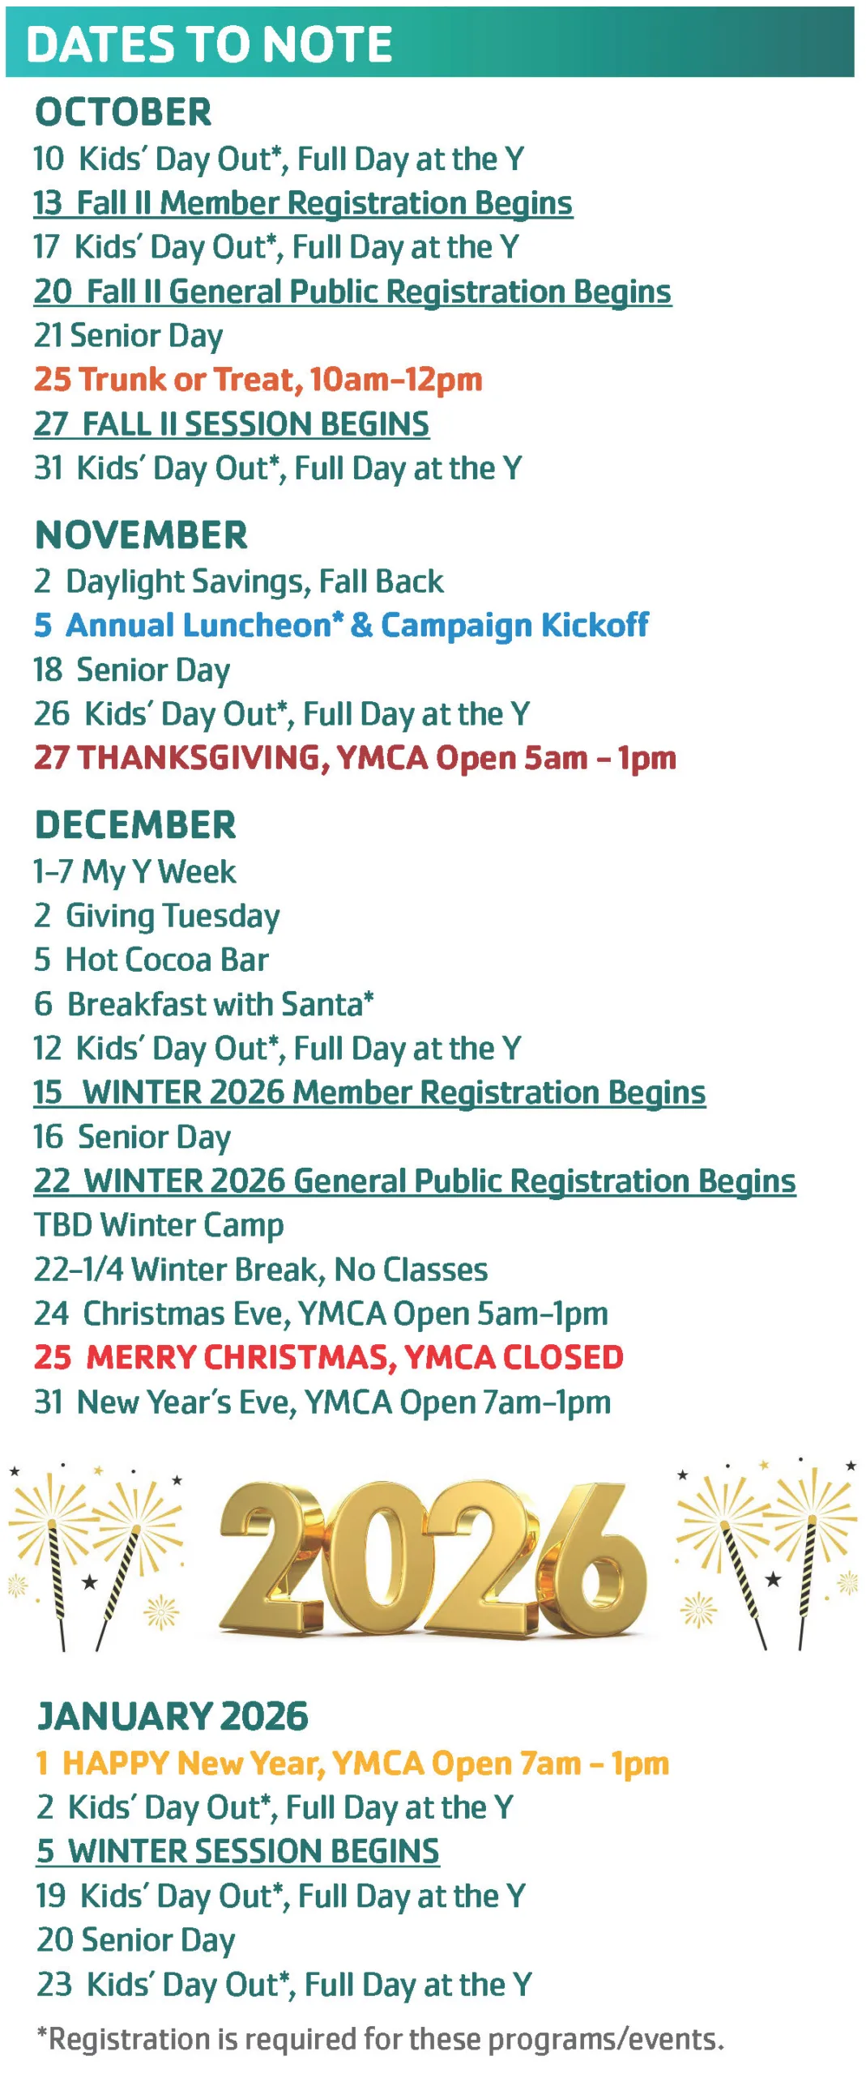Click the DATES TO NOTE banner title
(x=209, y=44)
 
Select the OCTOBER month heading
(x=123, y=112)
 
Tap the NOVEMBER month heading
(x=141, y=535)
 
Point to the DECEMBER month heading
(x=135, y=825)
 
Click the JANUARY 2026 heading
(x=173, y=1716)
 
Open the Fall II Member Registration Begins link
(x=303, y=203)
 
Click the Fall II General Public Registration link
(x=352, y=292)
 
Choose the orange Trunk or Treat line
(x=258, y=380)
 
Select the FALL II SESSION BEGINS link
(x=232, y=424)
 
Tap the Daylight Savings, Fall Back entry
(x=239, y=581)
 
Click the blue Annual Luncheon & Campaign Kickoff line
(x=341, y=625)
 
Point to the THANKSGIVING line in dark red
(x=355, y=758)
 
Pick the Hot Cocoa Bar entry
(x=151, y=960)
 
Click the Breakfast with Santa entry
(x=204, y=1004)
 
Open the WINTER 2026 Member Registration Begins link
(x=369, y=1092)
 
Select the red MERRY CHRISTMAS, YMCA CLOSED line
(x=329, y=1357)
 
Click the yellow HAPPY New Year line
(x=353, y=1763)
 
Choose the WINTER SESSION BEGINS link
(x=238, y=1851)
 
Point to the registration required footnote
(x=381, y=2038)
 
